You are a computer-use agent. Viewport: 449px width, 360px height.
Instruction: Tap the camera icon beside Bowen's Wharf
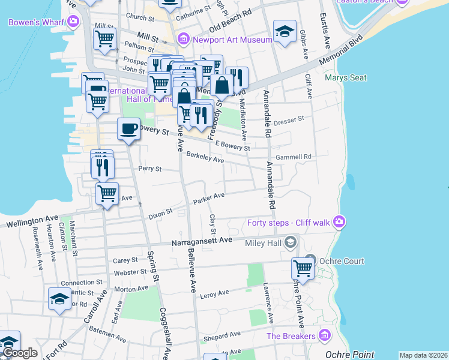[x=73, y=22]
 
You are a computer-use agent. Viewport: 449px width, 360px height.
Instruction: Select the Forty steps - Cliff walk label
[x=289, y=223]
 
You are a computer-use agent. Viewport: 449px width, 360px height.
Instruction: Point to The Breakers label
[x=291, y=336]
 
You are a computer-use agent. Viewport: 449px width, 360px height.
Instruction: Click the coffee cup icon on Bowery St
[x=128, y=128]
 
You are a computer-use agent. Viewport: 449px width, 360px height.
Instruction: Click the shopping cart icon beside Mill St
[x=105, y=38]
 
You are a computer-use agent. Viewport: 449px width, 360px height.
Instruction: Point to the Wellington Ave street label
[x=32, y=222]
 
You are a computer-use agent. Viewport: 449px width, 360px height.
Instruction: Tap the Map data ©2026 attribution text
[x=423, y=355]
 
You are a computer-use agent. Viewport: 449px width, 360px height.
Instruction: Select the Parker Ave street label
[x=208, y=197]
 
